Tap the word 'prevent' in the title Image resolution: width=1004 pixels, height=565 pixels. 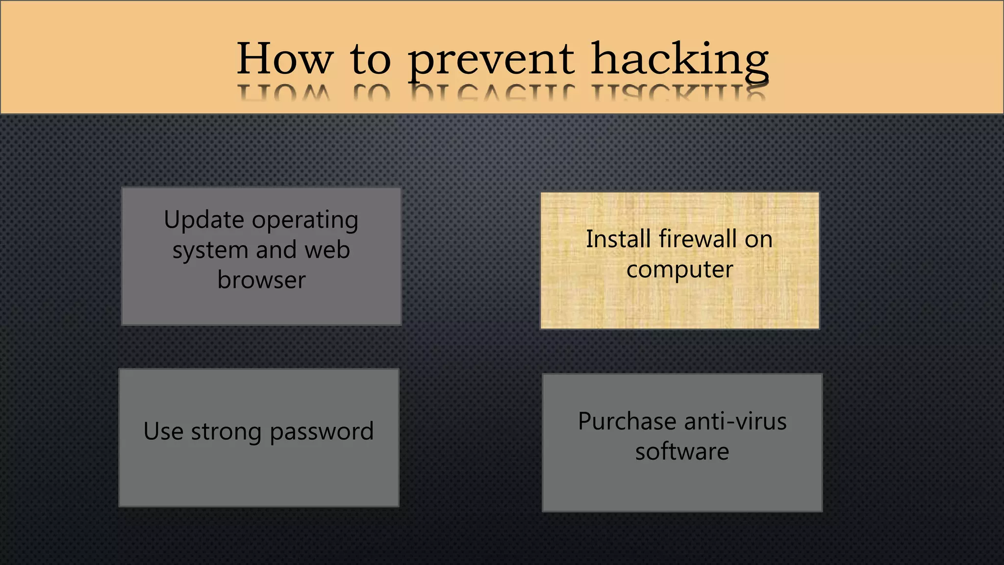491,60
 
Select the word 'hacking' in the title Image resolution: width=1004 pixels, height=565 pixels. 679,60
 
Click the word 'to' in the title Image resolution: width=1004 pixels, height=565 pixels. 371,59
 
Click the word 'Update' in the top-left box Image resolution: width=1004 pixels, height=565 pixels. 204,220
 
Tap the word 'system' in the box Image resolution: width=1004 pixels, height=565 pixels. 210,250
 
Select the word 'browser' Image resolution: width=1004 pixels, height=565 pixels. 261,280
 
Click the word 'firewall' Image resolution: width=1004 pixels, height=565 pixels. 698,239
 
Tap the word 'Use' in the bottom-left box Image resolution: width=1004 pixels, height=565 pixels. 163,432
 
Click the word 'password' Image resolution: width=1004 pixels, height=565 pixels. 322,432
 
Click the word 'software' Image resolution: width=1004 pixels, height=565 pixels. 682,451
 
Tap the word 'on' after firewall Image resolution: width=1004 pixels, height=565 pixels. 759,240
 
